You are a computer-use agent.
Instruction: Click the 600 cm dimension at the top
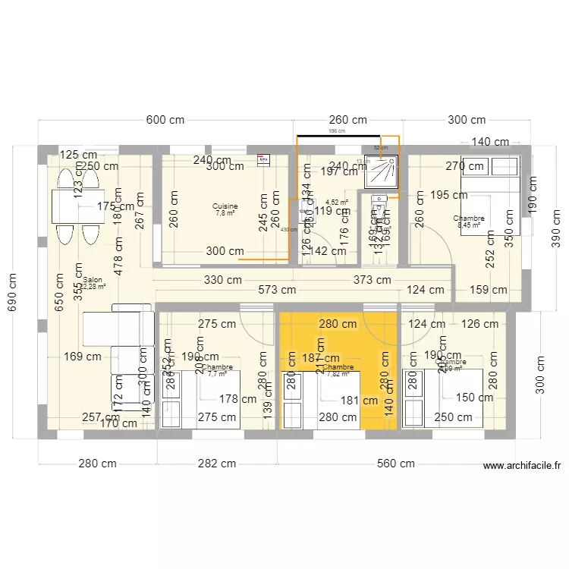tap(165, 121)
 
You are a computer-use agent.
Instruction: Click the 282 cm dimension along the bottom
tap(218, 464)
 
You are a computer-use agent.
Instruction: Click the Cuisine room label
tap(225, 206)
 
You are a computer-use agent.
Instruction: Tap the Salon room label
tap(93, 280)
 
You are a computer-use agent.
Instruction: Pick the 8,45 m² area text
tap(470, 225)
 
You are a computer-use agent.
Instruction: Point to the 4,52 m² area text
tap(337, 203)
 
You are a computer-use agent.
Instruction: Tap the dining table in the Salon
tap(77, 206)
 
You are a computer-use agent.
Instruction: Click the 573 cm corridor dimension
tap(278, 289)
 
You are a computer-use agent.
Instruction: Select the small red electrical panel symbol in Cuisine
tap(263, 160)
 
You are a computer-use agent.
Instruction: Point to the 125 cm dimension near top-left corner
tap(79, 155)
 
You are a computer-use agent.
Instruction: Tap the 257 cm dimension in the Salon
tap(100, 417)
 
